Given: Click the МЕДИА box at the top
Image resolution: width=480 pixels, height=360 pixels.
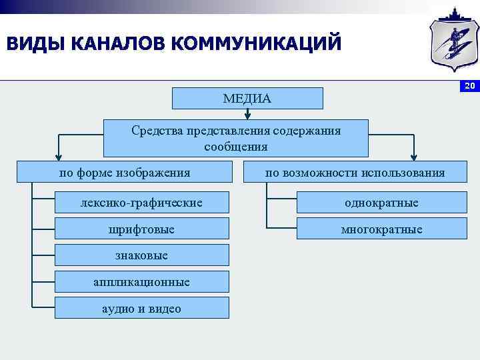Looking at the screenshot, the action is (x=247, y=98).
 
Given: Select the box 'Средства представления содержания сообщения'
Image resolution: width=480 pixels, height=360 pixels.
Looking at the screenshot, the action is (x=236, y=138).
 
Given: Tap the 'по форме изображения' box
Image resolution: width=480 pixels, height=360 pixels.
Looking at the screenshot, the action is (x=125, y=173).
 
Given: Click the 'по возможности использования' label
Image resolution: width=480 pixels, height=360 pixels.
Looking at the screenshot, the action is (x=355, y=173).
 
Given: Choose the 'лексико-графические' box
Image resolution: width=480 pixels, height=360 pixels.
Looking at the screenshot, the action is (x=141, y=202).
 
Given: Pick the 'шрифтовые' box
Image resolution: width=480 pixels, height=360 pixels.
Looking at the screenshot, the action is (x=141, y=229).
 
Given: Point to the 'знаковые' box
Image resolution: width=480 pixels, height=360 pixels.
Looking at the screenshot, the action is (x=141, y=255).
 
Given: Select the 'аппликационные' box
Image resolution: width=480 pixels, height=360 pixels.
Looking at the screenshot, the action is (x=141, y=282).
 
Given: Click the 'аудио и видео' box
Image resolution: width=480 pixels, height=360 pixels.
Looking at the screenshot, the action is (x=141, y=309).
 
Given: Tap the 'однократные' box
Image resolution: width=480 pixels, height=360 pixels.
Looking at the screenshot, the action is (x=381, y=202).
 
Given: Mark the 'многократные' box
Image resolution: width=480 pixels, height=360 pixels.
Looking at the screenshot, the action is (x=381, y=229).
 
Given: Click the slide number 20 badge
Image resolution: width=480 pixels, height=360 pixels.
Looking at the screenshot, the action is (x=469, y=86).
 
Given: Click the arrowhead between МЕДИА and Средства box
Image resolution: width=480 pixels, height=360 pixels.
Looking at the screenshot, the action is (x=247, y=115).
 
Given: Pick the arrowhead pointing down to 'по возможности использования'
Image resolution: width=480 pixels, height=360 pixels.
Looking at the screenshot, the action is (x=412, y=155).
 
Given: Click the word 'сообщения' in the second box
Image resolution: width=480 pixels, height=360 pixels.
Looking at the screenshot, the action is (x=236, y=146).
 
